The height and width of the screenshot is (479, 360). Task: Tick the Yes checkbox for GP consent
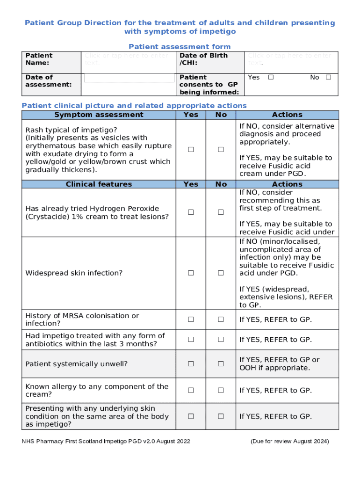[271, 77]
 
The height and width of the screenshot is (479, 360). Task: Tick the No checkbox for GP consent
[328, 77]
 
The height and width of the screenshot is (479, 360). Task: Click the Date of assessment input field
[129, 78]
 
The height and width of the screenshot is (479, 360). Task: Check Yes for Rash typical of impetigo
[191, 150]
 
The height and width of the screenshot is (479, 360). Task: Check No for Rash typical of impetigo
[221, 150]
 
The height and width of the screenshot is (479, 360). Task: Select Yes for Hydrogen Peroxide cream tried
[191, 212]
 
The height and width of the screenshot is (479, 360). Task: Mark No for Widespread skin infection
[221, 273]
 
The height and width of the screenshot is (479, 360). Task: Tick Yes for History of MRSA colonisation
[191, 319]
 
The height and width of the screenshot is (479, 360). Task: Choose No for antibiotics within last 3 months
[221, 340]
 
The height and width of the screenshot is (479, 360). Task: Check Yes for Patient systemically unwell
[191, 363]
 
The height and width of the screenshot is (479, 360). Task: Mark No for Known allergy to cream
[221, 390]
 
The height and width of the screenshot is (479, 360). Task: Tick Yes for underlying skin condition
[191, 416]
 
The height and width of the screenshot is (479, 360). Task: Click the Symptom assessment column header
[99, 115]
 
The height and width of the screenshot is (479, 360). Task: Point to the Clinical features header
[99, 184]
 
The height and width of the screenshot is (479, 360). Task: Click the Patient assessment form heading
[180, 47]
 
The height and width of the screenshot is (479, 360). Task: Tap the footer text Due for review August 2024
[289, 441]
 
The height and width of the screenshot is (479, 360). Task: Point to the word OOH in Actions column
[247, 368]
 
